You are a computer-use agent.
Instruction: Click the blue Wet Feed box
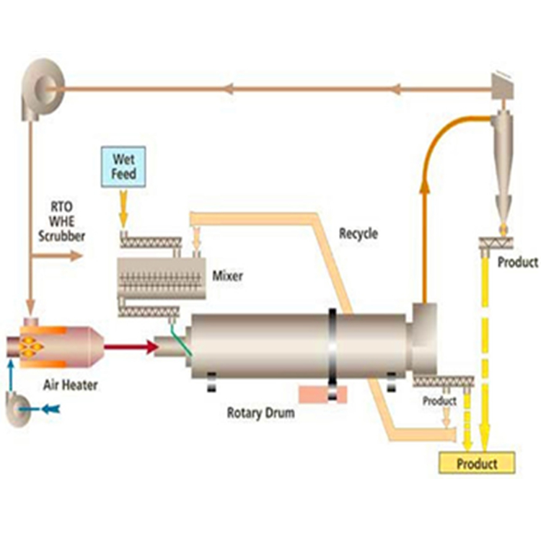tap(123, 166)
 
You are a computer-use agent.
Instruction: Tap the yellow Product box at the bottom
tap(477, 462)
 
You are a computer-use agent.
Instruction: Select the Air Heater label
tap(70, 385)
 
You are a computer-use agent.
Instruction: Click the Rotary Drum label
tap(260, 413)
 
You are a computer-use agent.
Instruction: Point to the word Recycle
tap(359, 234)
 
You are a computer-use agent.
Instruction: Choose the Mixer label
tap(227, 276)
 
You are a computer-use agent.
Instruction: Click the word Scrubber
tap(61, 236)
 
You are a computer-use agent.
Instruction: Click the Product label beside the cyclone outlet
tap(517, 263)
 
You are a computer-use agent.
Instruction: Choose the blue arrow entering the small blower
tap(48, 408)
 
